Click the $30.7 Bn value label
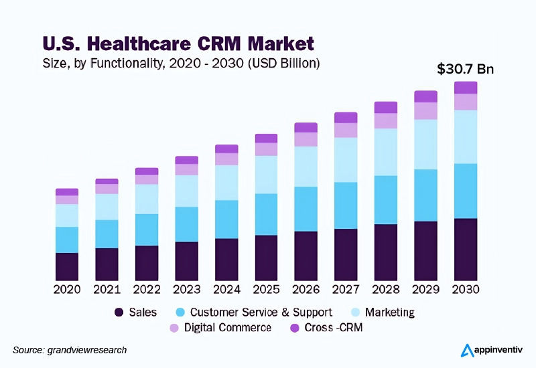[x=465, y=69]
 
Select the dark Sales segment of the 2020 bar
[x=67, y=266]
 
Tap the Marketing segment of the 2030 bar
[x=466, y=136]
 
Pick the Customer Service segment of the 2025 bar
[x=266, y=214]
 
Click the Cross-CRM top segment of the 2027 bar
[x=346, y=118]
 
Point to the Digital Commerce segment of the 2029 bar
[x=425, y=110]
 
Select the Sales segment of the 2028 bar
[x=386, y=252]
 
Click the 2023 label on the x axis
[x=186, y=290]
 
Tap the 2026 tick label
[x=306, y=290]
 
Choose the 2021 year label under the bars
[x=107, y=290]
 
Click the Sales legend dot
[x=119, y=312]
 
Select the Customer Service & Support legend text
[x=261, y=312]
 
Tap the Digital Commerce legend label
[x=227, y=328]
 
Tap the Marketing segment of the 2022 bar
[x=147, y=199]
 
